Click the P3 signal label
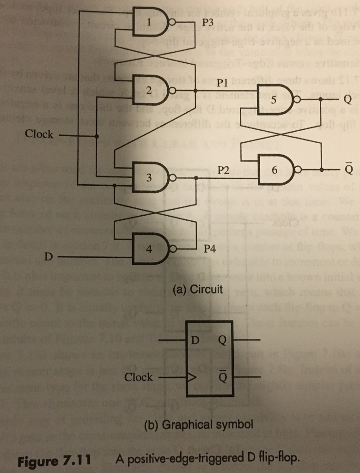208,22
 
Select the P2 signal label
223,170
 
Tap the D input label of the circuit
48,256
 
